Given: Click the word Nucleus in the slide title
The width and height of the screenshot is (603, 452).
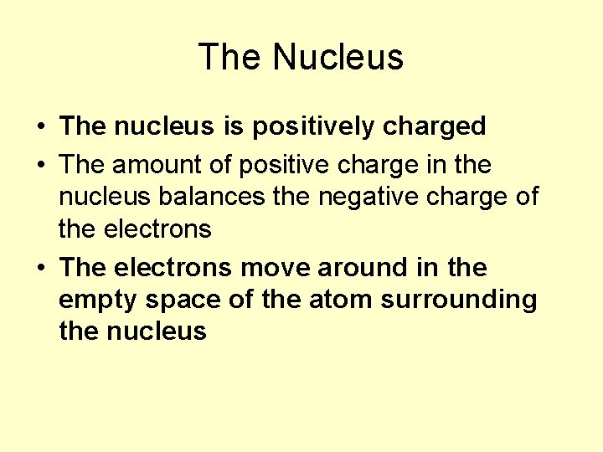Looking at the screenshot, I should click(338, 57).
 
